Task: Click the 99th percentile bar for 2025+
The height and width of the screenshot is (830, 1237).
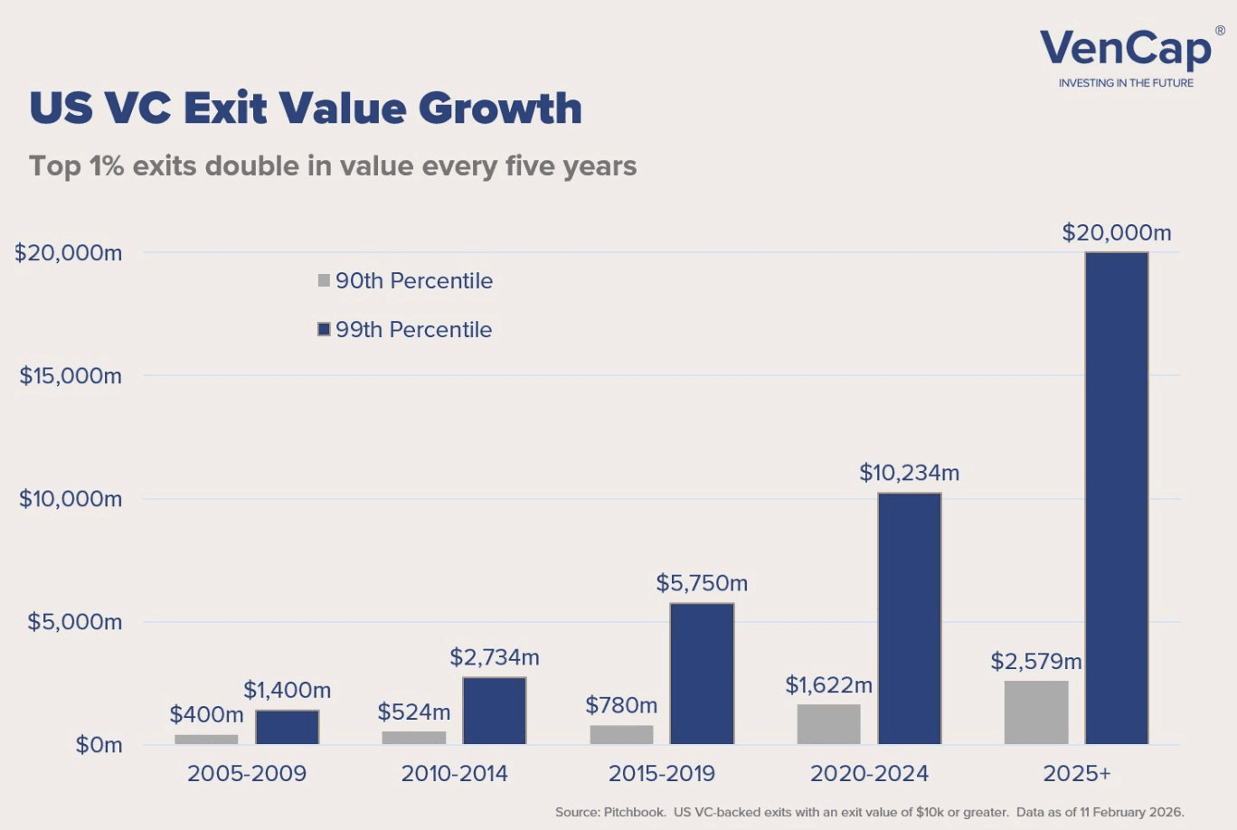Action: (1117, 497)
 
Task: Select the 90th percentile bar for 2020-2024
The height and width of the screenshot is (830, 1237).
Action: (829, 723)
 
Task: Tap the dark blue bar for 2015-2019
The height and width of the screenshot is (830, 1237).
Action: (702, 674)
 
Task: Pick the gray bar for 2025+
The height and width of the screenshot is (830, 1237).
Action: (1036, 712)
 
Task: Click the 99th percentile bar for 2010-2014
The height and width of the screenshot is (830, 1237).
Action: (495, 711)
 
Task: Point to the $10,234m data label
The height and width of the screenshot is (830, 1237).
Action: (909, 473)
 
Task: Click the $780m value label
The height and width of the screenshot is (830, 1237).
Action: (621, 705)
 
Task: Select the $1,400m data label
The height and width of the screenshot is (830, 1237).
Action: (288, 691)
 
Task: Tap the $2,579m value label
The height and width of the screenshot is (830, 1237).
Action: (1036, 662)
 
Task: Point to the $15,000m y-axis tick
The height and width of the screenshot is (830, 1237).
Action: (71, 376)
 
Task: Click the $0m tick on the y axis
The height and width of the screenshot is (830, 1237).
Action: (99, 745)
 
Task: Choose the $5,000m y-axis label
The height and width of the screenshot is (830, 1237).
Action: (74, 622)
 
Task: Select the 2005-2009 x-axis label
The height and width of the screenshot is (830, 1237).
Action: (247, 774)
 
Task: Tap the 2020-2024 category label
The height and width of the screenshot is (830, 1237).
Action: (869, 774)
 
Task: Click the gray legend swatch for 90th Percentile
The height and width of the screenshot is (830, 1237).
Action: (324, 280)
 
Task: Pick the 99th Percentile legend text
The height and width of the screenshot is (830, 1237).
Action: (413, 330)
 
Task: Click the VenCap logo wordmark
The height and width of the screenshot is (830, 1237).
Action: (1126, 49)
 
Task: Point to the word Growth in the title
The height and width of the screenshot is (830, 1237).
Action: (500, 108)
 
